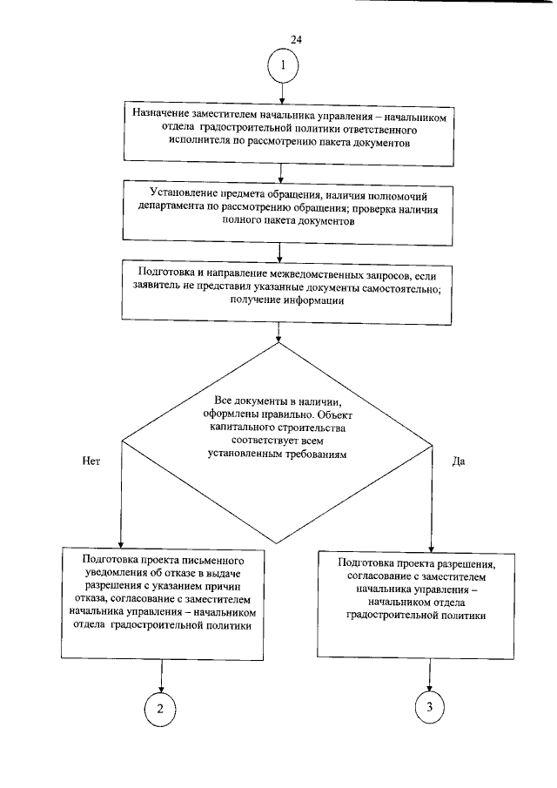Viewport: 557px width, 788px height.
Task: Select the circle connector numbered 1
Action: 285,66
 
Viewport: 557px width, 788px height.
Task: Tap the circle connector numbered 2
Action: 159,707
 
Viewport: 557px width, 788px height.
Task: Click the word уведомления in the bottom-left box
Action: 117,571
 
